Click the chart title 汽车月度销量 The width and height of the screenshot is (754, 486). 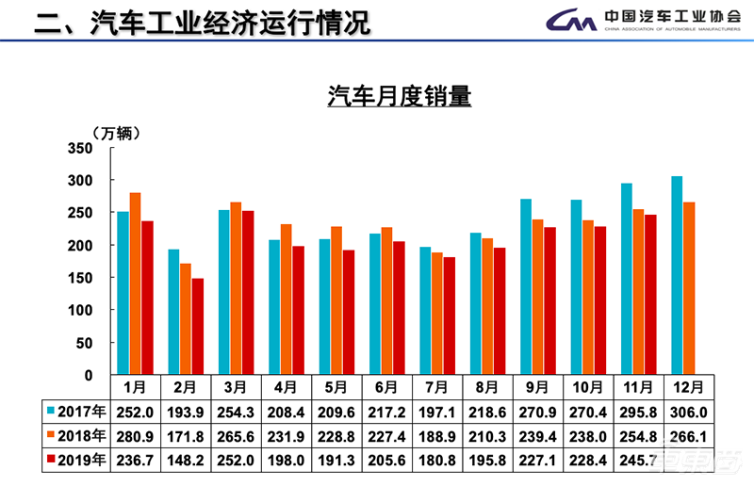click(x=399, y=97)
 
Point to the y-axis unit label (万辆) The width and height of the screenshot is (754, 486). click(x=116, y=133)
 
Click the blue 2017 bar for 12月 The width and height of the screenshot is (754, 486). click(x=676, y=275)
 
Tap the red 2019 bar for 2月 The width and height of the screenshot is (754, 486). click(x=197, y=326)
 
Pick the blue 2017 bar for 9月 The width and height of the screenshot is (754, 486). click(x=526, y=286)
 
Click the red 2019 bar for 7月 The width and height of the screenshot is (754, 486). click(x=449, y=316)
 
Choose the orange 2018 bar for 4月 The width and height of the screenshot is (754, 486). click(x=286, y=299)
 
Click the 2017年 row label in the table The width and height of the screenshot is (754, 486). click(x=74, y=411)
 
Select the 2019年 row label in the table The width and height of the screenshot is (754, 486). click(x=74, y=460)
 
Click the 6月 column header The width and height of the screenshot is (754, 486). click(x=386, y=387)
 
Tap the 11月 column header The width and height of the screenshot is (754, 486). click(x=638, y=387)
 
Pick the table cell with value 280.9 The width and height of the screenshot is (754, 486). click(x=135, y=435)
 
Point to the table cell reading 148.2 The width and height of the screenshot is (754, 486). click(x=185, y=460)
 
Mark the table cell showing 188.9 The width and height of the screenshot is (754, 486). click(x=437, y=435)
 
